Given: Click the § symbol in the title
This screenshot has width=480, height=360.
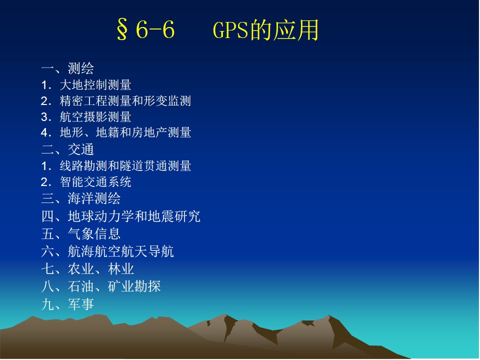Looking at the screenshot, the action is pyautogui.click(x=122, y=29).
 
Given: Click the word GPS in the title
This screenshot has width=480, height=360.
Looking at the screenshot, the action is pyautogui.click(x=230, y=29).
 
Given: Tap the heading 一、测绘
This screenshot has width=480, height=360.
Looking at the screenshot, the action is pyautogui.click(x=67, y=68).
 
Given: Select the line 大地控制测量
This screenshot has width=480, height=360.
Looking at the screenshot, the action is pyautogui.click(x=95, y=85).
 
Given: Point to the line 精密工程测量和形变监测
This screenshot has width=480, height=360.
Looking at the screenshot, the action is pyautogui.click(x=125, y=100).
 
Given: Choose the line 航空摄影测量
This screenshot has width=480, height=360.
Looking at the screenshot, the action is pyautogui.click(x=95, y=116).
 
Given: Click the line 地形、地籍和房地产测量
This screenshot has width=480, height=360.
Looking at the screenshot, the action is pyautogui.click(x=125, y=132).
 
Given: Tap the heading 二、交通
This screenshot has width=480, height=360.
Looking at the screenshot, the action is pyautogui.click(x=67, y=149).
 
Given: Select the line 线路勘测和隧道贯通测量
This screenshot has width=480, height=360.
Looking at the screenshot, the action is pyautogui.click(x=125, y=165).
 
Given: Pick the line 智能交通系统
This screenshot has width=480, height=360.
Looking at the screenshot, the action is pyautogui.click(x=95, y=182).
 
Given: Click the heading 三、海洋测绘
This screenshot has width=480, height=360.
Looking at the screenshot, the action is pyautogui.click(x=81, y=198).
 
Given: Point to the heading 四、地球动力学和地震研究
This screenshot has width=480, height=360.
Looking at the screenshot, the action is pyautogui.click(x=121, y=216).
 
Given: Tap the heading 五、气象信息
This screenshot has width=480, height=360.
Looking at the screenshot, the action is pyautogui.click(x=81, y=234).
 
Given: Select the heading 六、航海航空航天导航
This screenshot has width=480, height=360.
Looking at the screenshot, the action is pyautogui.click(x=107, y=251).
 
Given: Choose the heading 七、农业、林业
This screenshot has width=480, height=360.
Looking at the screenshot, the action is pyautogui.click(x=87, y=269).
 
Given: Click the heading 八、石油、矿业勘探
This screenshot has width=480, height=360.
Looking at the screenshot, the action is pyautogui.click(x=101, y=286).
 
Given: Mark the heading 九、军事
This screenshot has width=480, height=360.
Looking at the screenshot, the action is pyautogui.click(x=67, y=304).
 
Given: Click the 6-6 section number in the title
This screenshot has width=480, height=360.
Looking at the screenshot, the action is pyautogui.click(x=155, y=29).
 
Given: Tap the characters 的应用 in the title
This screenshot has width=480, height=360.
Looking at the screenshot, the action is pyautogui.click(x=284, y=29).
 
